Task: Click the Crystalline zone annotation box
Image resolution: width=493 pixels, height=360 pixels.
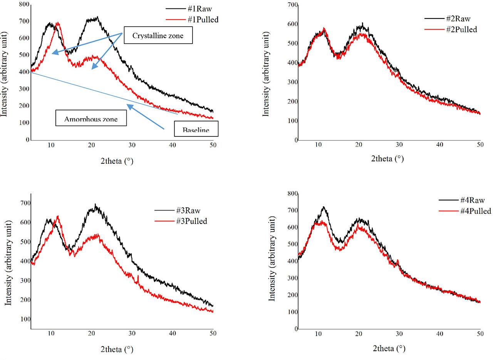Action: [158, 35]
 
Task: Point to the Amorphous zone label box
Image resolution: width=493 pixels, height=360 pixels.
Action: [91, 118]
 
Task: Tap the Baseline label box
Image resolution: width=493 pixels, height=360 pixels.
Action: [196, 129]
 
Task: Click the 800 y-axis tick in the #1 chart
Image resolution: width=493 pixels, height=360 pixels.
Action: [23, 4]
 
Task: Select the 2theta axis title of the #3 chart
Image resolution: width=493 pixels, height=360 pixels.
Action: [117, 350]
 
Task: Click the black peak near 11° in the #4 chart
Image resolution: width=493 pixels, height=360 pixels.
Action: [324, 207]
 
